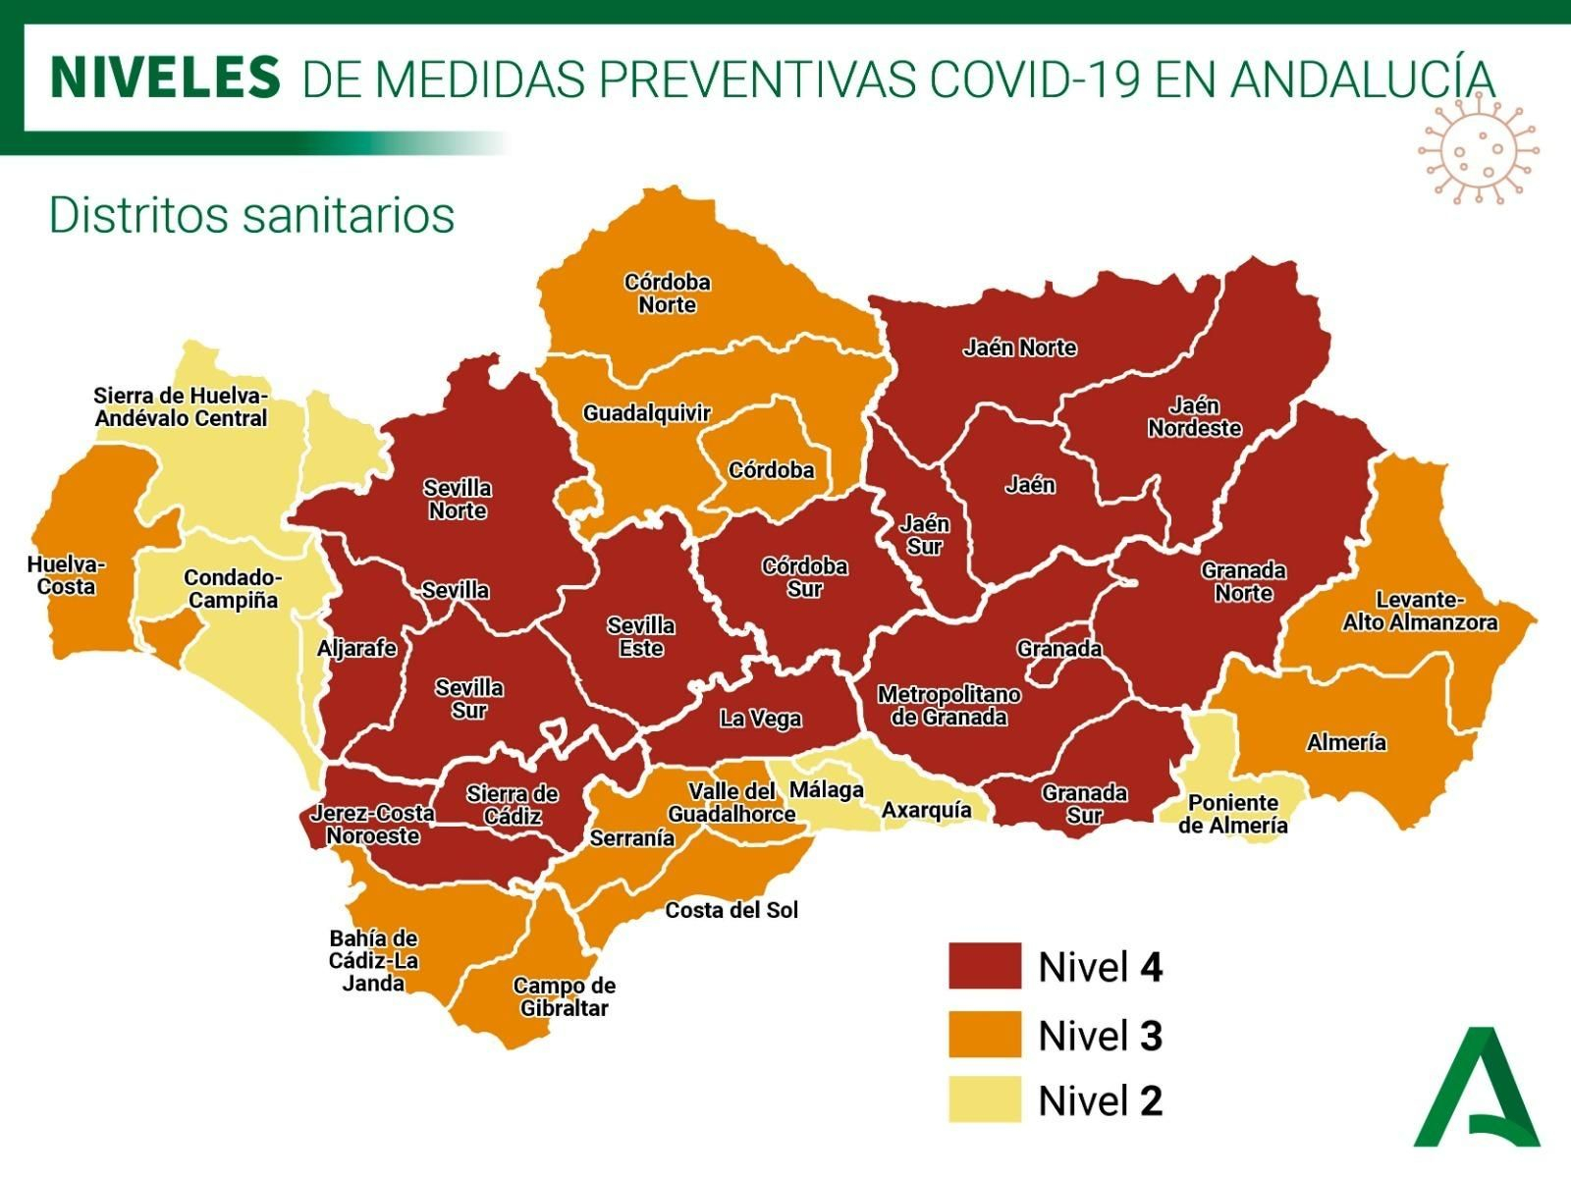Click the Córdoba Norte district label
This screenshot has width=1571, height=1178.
667,294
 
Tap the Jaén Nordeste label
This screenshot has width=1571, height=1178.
1194,417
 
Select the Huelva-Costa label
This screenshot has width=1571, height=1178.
66,575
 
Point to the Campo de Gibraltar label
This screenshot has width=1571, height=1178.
564,996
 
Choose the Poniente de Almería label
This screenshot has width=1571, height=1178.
1232,814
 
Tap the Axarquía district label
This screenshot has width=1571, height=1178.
926,810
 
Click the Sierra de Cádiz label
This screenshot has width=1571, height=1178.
512,804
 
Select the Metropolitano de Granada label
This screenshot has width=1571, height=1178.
948,706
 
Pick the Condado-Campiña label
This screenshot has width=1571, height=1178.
233,589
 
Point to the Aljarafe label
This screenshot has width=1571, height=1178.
356,648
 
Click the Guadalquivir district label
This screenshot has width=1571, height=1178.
646,413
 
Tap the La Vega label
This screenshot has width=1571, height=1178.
760,719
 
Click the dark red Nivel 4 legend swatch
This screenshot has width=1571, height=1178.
985,966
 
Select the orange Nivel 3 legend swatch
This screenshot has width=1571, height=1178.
985,1035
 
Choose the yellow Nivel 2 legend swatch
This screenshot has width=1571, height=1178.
985,1099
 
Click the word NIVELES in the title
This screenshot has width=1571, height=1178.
165,78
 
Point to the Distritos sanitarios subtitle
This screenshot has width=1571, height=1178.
251,215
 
